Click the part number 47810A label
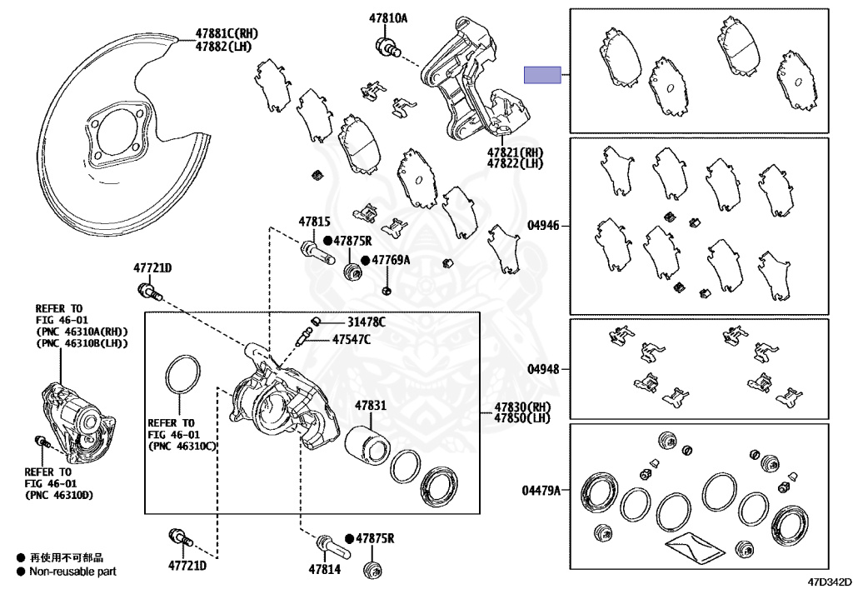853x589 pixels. (388, 18)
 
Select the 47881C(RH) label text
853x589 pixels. (227, 33)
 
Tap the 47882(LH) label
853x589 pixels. (223, 47)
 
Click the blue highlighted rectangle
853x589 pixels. (542, 75)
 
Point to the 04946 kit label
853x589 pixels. (543, 225)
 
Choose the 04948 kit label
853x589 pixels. (543, 369)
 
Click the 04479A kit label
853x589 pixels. (541, 491)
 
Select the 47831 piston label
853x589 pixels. (371, 405)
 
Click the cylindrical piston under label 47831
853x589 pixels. (367, 446)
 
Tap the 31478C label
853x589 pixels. (367, 322)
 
